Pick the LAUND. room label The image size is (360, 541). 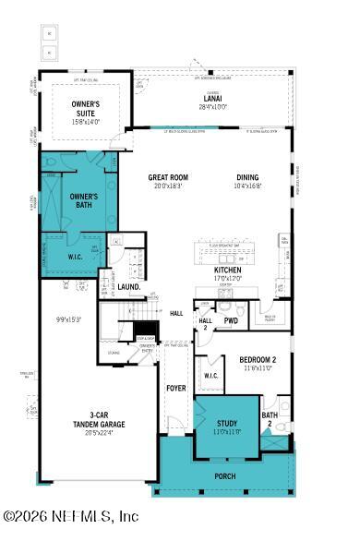128,287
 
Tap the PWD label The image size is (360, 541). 231,321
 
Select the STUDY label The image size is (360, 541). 227,424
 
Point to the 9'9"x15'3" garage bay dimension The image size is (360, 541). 69,319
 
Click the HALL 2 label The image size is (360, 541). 206,320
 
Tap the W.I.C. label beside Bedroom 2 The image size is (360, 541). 210,376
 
